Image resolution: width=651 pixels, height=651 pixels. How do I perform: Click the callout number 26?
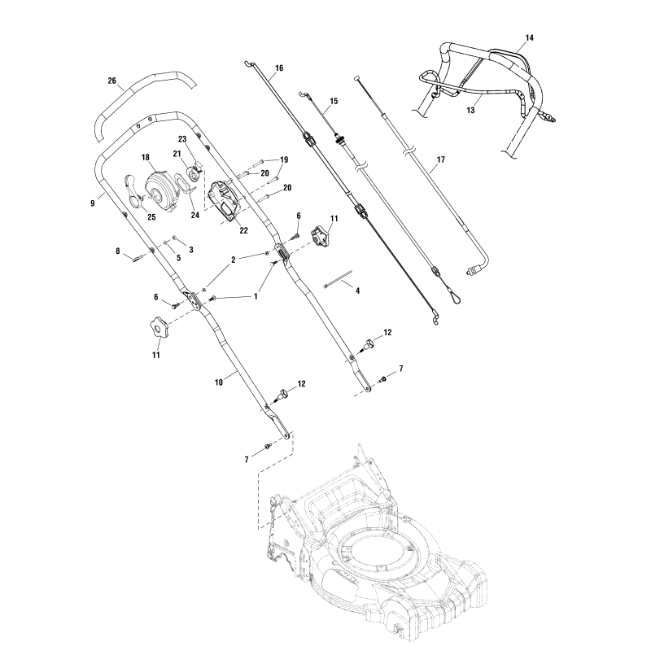(112, 81)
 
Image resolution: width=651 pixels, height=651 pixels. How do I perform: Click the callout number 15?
(333, 102)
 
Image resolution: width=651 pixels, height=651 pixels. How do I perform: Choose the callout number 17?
(440, 161)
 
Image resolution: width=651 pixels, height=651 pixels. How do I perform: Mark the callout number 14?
(530, 38)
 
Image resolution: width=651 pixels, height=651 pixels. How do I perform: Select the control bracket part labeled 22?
(225, 200)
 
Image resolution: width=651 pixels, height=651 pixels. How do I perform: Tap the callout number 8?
(119, 251)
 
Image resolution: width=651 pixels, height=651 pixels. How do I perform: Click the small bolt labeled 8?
(138, 257)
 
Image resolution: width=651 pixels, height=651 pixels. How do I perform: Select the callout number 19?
(285, 159)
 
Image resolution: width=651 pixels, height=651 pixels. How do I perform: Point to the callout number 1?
(256, 297)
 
